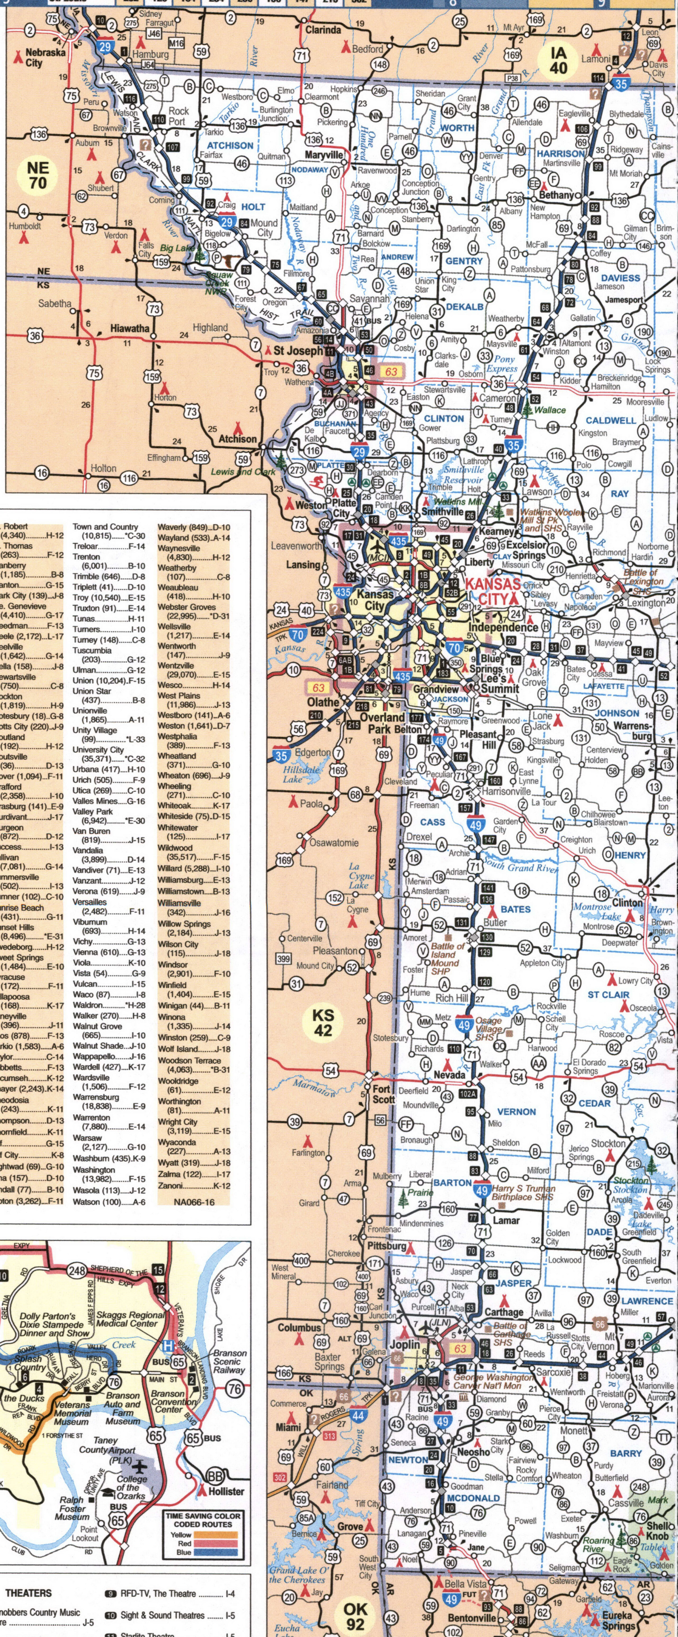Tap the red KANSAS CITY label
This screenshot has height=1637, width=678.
pos(493,591)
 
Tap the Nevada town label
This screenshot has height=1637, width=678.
pos(449,1074)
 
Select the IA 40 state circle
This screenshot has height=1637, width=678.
pos(559,60)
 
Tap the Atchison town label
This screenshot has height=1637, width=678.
pos(238,439)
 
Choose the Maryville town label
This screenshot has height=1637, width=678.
pos(323,155)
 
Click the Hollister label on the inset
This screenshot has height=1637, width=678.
pos(226,1491)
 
